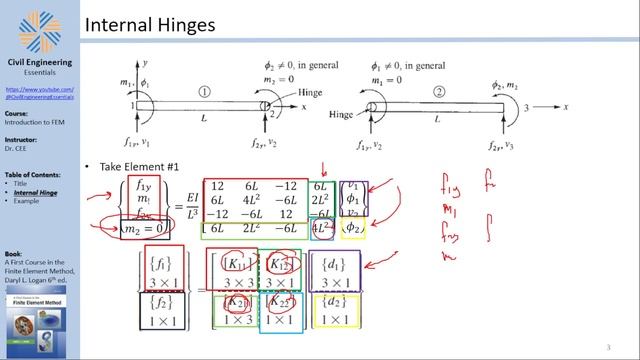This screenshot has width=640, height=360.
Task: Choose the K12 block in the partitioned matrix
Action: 288,265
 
